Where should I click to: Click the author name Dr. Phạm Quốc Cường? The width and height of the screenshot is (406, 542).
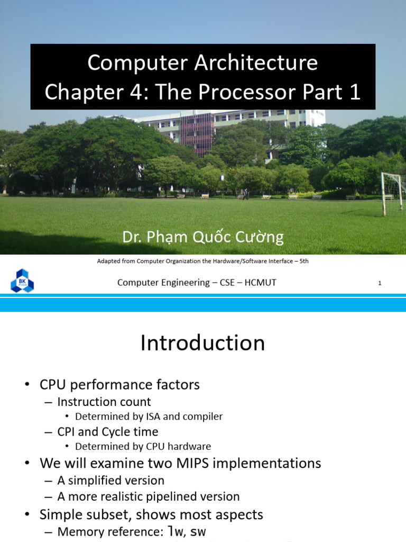pos(203,237)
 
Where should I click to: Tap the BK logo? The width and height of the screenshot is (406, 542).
pos(22,281)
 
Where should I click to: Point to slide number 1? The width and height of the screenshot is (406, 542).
pos(380,283)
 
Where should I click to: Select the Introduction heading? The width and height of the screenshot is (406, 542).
pos(202,343)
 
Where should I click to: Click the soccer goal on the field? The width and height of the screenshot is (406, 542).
pos(392,193)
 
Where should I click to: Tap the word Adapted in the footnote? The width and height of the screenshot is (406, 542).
pos(109,261)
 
